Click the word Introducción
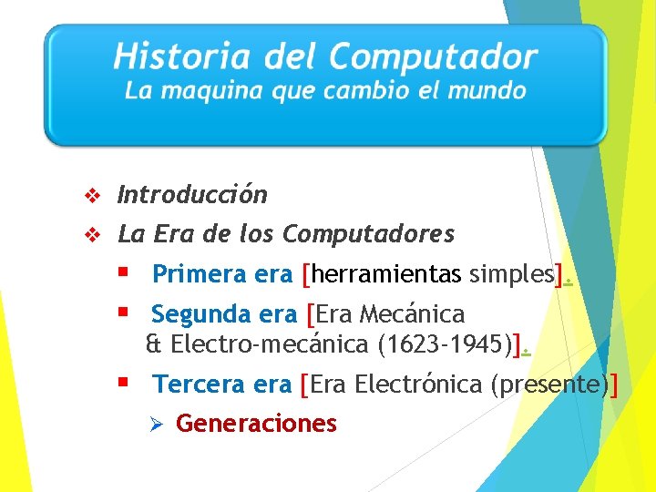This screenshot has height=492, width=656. click(x=193, y=195)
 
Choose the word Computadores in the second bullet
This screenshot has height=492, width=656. click(x=368, y=235)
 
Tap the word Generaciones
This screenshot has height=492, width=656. click(x=256, y=424)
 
